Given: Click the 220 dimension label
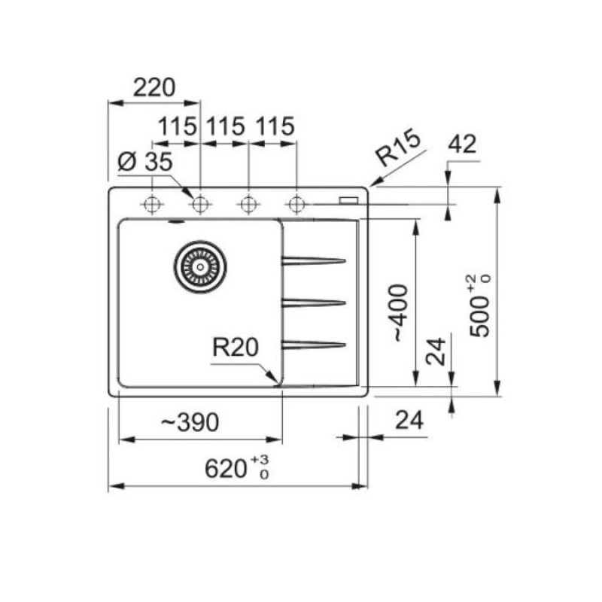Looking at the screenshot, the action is click(154, 87).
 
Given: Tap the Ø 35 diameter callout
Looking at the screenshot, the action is click(144, 162).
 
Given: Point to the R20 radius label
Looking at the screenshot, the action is click(236, 347).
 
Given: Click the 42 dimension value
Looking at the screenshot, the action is click(462, 144).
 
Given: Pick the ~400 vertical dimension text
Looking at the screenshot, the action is click(399, 313).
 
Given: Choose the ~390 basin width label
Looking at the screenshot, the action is click(190, 422).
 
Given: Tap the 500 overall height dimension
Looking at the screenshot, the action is click(480, 306).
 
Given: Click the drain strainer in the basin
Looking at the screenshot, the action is click(200, 266).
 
